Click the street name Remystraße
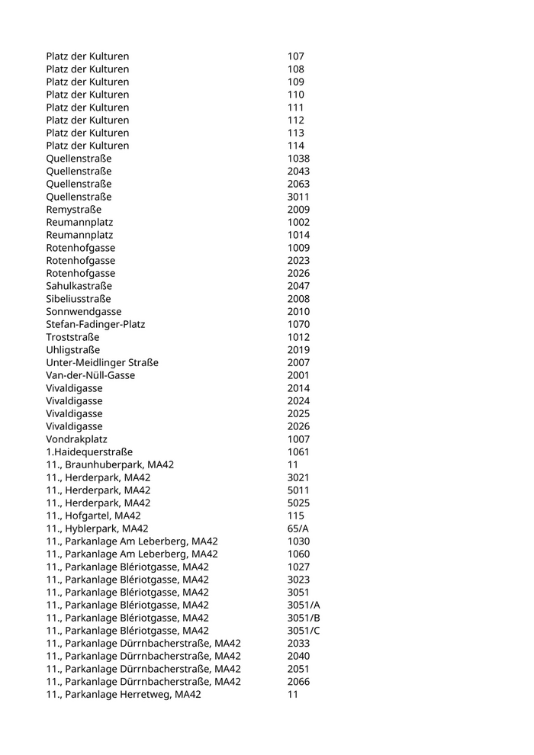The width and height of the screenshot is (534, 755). click(73, 209)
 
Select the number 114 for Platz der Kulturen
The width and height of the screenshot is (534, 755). click(296, 146)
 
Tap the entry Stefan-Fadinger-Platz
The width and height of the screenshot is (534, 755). click(95, 324)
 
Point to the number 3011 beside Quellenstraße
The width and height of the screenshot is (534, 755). click(298, 197)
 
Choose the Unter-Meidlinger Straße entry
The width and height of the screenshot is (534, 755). click(102, 362)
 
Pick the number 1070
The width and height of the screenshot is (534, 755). click(298, 324)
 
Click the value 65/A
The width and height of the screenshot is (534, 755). click(298, 528)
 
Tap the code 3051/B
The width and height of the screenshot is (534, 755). click(304, 618)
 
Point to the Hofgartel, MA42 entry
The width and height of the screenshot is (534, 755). click(93, 516)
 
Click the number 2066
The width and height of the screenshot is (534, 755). click(298, 682)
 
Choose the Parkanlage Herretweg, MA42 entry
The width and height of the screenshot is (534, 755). click(124, 694)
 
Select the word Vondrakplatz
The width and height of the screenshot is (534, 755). click(76, 439)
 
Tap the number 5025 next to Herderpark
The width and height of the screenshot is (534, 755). click(298, 503)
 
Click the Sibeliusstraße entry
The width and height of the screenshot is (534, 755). click(78, 299)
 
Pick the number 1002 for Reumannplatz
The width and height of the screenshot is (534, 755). click(298, 222)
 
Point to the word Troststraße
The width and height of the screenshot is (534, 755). click(72, 337)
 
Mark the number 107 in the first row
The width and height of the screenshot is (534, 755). click(296, 56)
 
